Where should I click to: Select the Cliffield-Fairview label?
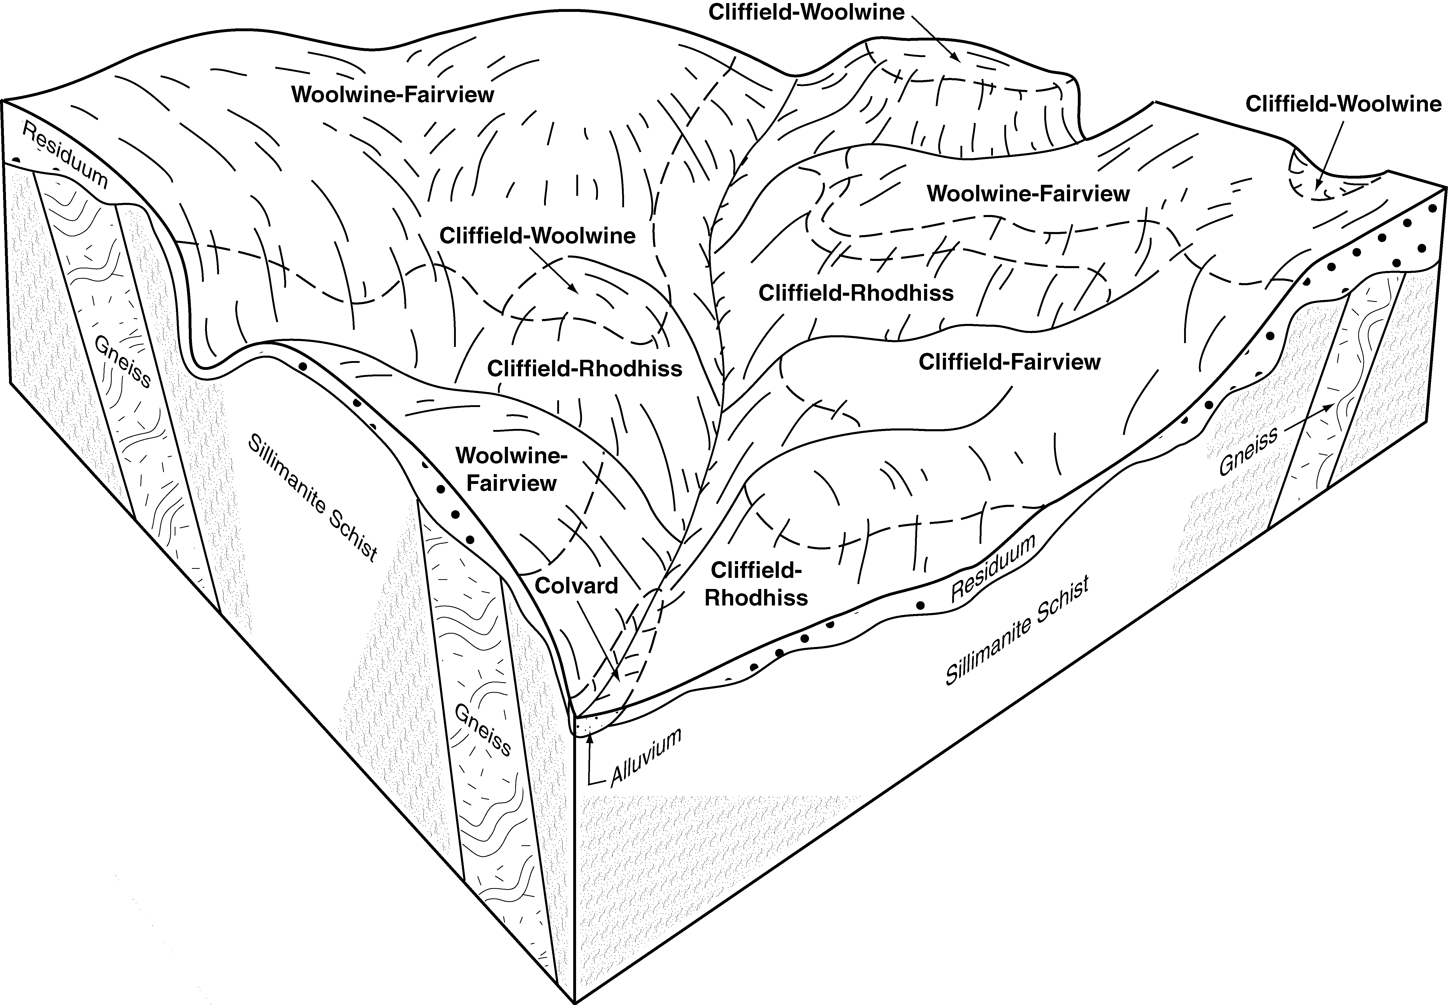coord(1009,362)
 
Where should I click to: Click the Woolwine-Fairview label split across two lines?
coord(511,469)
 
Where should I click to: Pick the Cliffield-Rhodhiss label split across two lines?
coord(756,584)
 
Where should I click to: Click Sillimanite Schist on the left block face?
coord(313,497)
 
